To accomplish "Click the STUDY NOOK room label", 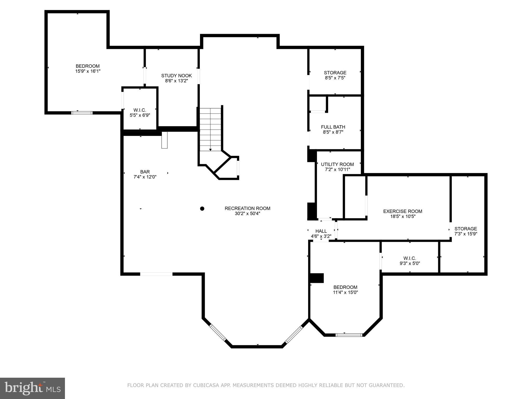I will click(176, 76).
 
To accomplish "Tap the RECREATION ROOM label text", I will click(247, 208).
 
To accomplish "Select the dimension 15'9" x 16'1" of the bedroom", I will click(88, 71).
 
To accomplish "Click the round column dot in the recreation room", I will click(202, 208).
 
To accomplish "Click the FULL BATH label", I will click(333, 127).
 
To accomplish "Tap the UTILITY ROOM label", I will click(337, 164).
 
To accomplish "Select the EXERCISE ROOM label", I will click(402, 211).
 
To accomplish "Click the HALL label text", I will click(321, 231).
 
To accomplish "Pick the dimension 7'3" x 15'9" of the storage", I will click(465, 234).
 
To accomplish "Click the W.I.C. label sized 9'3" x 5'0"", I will click(410, 258).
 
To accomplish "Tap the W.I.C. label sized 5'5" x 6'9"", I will click(140, 110).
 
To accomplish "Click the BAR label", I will click(145, 172).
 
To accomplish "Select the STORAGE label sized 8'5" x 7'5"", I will click(335, 73).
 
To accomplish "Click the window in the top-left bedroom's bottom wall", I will click(82, 113).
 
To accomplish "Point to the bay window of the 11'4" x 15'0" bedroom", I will click(349, 335).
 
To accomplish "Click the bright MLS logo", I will click(32, 388).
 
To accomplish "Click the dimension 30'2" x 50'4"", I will click(247, 214).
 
